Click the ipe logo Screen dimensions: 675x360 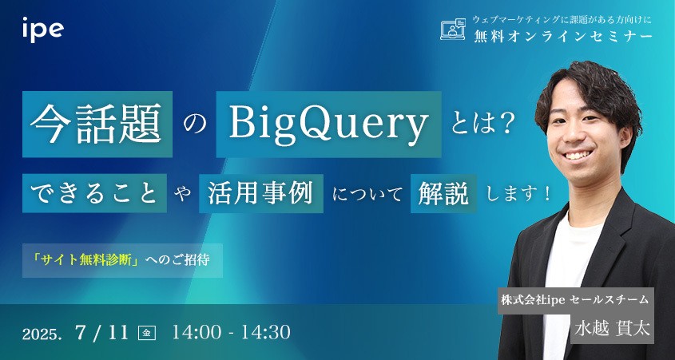click(43, 30)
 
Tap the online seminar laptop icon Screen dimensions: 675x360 click(453, 30)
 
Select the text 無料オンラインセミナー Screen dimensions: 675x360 click(562, 37)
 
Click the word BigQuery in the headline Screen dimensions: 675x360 click(328, 124)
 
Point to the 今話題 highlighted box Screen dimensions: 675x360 click(97, 124)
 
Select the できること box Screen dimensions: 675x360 click(94, 193)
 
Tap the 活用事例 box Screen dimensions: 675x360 click(261, 193)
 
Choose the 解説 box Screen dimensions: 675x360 click(443, 193)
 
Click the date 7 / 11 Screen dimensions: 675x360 click(101, 332)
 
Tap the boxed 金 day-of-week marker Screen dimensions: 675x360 click(146, 334)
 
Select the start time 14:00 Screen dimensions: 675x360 click(197, 332)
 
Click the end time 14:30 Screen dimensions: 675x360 click(266, 332)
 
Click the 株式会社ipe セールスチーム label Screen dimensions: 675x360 click(574, 300)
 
